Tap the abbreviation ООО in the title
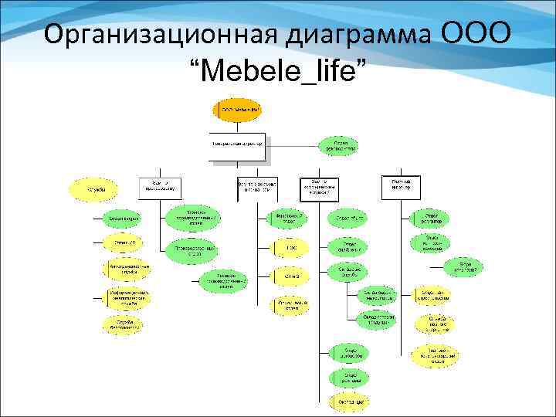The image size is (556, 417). click(x=477, y=34)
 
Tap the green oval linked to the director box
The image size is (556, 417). click(x=340, y=145)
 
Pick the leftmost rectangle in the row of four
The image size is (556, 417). click(x=160, y=186)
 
